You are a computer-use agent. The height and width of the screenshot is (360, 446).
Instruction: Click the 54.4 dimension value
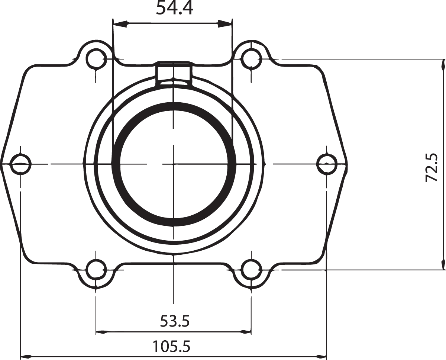click(x=174, y=8)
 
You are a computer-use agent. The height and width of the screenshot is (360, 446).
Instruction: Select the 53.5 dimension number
click(x=175, y=321)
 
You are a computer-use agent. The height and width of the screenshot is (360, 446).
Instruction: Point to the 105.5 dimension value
click(x=172, y=347)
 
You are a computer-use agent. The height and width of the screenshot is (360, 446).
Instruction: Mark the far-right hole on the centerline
click(x=326, y=164)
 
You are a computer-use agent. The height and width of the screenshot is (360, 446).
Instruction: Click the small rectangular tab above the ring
click(x=174, y=72)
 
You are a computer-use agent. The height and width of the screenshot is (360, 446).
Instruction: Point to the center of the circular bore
click(x=174, y=163)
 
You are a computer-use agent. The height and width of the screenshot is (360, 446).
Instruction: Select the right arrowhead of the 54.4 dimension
click(x=226, y=24)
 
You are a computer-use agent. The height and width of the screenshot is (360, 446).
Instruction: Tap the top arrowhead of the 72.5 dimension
click(x=442, y=64)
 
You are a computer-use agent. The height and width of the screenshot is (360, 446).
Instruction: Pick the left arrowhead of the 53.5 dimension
click(x=101, y=331)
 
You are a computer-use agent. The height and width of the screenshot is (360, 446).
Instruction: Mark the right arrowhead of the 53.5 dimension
click(x=246, y=331)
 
